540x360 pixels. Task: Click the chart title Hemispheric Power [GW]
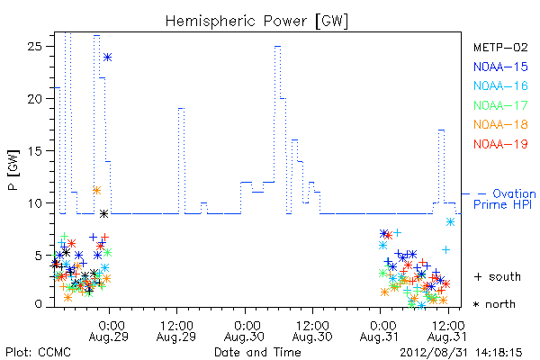coord(256,22)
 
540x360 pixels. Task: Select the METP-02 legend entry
coord(500,47)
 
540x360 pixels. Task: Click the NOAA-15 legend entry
coord(500,67)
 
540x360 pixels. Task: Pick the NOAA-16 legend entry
coord(500,85)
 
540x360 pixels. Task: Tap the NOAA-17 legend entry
coord(500,105)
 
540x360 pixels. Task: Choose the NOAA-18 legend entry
coord(500,124)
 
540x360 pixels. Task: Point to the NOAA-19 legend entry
coord(500,144)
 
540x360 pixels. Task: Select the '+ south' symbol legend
coord(498,276)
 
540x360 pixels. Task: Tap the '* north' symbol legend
coord(494,304)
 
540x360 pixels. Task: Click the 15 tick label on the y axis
coord(35,151)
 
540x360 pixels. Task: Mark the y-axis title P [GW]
coord(13,170)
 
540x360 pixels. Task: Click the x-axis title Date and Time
coord(257,352)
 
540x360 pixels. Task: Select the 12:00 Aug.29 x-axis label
coord(176,331)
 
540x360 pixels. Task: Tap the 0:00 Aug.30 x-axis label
coord(245,331)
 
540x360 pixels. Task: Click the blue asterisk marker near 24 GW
coord(108,58)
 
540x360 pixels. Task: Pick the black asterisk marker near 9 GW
coord(104,214)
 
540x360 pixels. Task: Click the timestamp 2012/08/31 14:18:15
coord(461,353)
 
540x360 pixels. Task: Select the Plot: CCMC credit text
coord(38,353)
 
